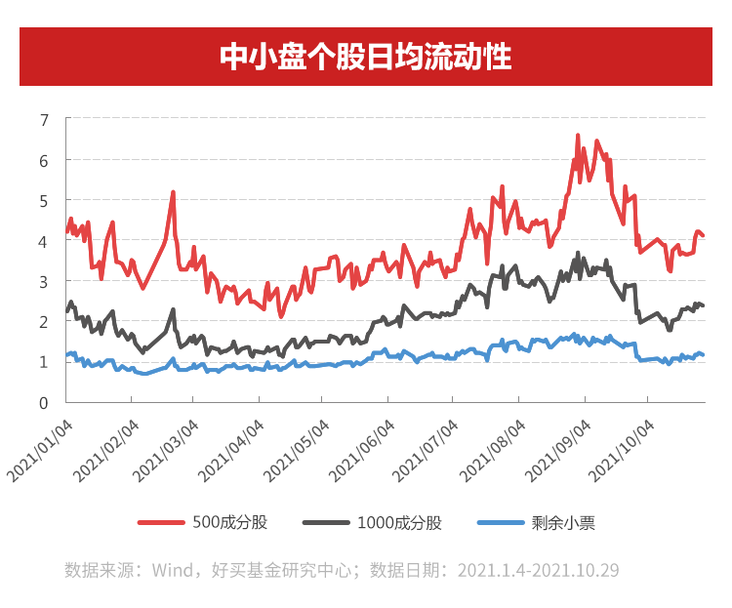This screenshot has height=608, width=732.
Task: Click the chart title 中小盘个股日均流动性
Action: point(365,57)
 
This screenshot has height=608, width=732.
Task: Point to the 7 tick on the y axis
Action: point(44,119)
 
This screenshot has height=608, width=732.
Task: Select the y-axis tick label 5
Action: point(44,200)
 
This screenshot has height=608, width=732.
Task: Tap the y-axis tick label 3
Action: point(44,281)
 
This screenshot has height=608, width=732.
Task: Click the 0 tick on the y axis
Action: point(44,402)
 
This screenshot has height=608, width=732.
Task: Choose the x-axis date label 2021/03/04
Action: point(167,449)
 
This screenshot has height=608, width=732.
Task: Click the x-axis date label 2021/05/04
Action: point(297,449)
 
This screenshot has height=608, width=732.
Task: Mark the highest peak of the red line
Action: point(578,136)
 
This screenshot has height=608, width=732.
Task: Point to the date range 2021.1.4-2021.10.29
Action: point(538,569)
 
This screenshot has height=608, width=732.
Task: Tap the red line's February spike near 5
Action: point(173,193)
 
